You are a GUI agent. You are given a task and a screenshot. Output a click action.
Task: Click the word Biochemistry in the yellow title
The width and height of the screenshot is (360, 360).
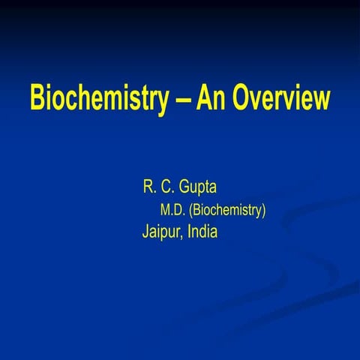(x=98, y=98)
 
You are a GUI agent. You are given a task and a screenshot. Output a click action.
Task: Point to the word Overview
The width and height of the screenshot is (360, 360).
(x=278, y=97)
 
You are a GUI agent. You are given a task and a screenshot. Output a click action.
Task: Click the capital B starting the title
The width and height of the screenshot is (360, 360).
(x=37, y=97)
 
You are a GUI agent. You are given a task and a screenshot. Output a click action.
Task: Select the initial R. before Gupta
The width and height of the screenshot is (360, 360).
(x=148, y=186)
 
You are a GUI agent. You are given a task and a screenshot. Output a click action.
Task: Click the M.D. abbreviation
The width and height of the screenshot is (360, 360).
(x=175, y=210)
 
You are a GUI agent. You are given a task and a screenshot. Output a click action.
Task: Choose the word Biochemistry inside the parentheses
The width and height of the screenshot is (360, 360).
(x=227, y=210)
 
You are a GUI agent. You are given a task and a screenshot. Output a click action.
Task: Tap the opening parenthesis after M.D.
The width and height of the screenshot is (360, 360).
(x=193, y=210)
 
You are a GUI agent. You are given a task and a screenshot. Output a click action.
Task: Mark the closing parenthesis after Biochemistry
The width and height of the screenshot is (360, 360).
(x=262, y=210)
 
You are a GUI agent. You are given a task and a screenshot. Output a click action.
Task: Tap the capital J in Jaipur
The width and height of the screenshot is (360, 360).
(x=145, y=232)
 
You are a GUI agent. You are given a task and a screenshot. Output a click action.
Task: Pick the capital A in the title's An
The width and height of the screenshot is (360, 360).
(x=202, y=97)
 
